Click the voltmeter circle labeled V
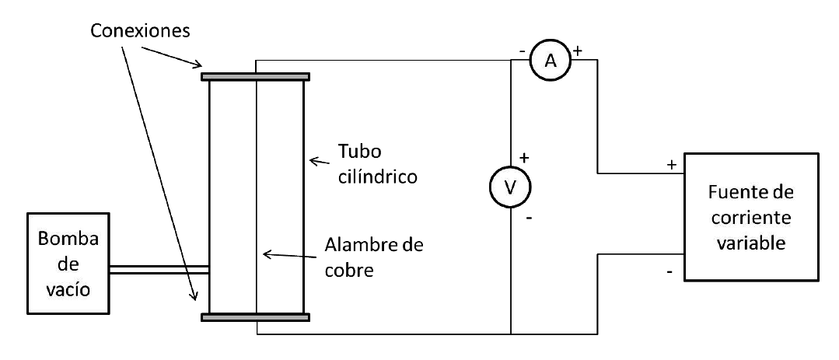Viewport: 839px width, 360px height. coord(511,187)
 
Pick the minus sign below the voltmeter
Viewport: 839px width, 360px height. coord(529,218)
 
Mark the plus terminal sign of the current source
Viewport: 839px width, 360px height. coord(669,166)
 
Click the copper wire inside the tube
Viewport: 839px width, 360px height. coord(257,194)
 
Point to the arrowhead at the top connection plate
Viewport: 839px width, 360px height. coord(201,65)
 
